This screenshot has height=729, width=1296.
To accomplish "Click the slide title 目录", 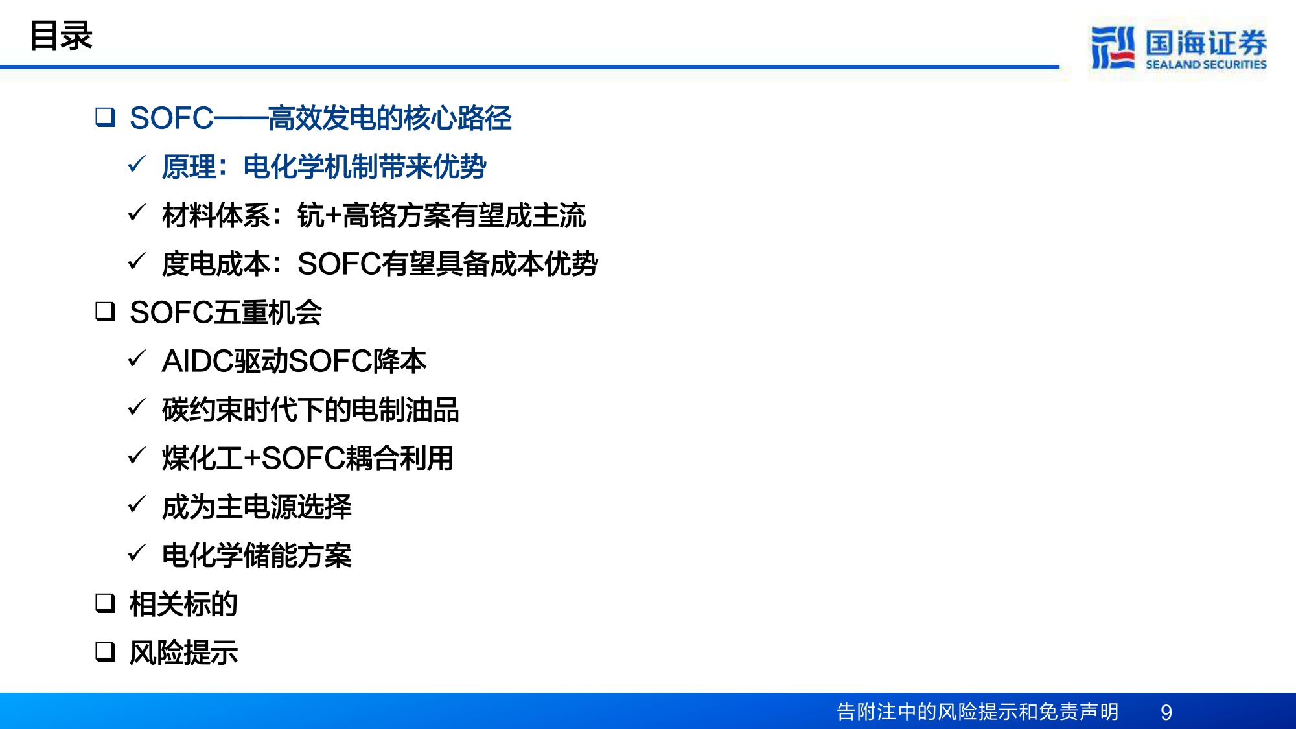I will tap(61, 36).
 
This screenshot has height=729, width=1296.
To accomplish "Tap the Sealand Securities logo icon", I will tap(1112, 47).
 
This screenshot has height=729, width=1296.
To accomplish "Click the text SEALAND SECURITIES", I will tap(1205, 65).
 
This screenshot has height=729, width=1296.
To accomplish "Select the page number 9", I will tap(1166, 712).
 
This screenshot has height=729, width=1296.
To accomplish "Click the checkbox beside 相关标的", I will tap(105, 603).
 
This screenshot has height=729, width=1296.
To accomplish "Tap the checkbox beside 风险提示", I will tap(105, 651).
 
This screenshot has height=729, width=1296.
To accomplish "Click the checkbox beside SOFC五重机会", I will tap(105, 312).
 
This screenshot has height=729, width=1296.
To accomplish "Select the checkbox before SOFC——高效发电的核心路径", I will tap(105, 117).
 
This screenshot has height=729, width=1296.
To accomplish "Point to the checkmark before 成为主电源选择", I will tap(137, 505).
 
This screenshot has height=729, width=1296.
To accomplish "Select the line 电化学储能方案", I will tap(257, 555).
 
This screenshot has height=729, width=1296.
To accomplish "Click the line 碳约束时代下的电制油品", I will tap(310, 410).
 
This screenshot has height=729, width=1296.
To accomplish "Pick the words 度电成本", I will tap(216, 264).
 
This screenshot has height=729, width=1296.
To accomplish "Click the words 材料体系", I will tap(216, 215).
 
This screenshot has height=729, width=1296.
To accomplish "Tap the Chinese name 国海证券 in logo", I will tap(1205, 43).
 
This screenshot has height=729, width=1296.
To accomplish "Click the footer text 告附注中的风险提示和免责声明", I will tap(977, 712).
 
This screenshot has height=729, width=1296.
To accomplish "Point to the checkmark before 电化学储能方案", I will tap(137, 553).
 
